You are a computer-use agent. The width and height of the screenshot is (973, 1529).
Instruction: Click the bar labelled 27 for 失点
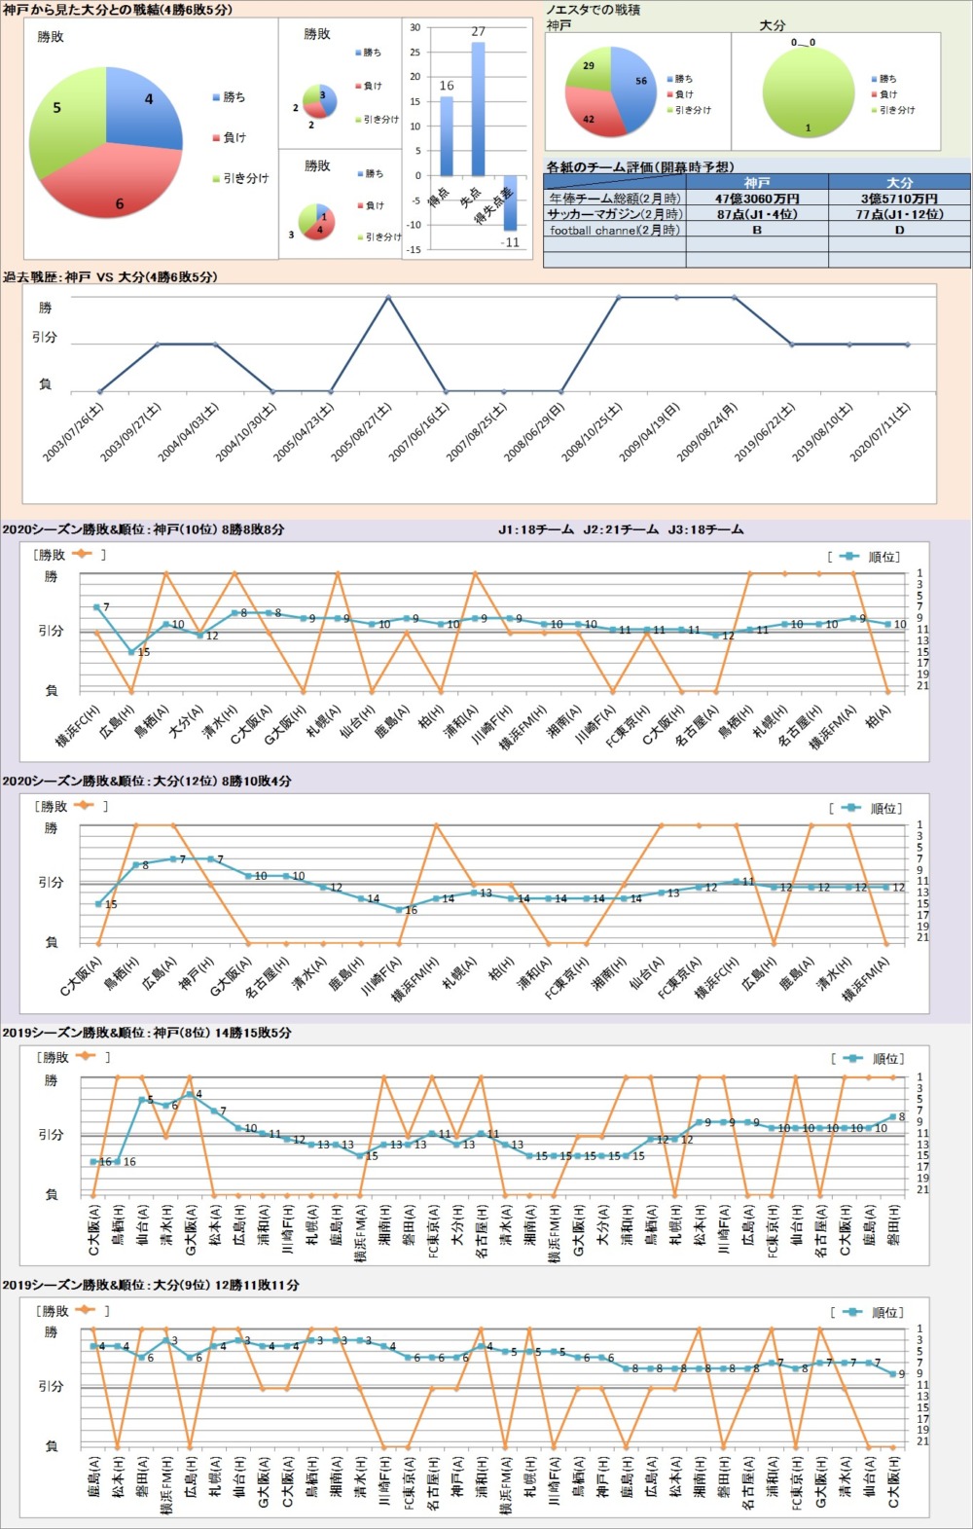click(x=478, y=107)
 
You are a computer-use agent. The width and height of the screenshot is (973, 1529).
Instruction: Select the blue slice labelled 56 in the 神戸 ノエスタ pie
click(x=634, y=88)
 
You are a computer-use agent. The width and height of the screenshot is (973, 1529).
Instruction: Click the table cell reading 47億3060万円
click(x=757, y=199)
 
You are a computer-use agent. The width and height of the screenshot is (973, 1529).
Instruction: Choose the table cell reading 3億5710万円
click(x=899, y=199)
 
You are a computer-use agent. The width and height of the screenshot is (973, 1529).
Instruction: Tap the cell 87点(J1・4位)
click(x=757, y=214)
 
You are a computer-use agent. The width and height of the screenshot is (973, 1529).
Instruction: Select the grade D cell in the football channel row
click(x=899, y=231)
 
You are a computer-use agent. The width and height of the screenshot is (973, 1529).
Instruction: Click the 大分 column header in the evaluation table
click(x=899, y=182)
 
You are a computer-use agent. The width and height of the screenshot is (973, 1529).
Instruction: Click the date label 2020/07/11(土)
click(x=881, y=432)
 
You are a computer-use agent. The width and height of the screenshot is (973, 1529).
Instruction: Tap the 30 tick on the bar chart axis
click(x=415, y=27)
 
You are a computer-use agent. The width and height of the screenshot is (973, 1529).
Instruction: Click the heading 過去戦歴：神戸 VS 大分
click(x=110, y=277)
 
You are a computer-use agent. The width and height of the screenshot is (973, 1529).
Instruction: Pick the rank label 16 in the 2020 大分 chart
click(x=411, y=910)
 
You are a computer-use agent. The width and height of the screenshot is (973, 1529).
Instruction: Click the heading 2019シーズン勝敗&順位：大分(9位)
click(x=150, y=1285)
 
